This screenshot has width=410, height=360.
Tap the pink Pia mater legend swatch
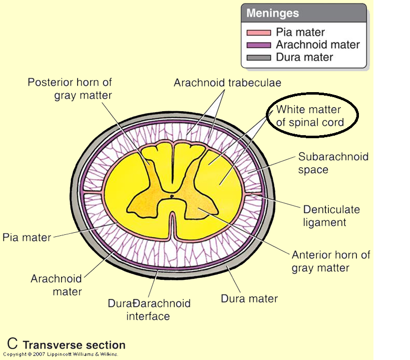pos(258,33)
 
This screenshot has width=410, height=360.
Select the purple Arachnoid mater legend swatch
pos(258,45)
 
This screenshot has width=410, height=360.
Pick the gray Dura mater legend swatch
pos(258,57)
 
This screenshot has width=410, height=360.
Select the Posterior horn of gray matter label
pos(70,89)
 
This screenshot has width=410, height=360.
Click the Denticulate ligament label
pos(331,216)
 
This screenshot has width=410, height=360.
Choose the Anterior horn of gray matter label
pos(330,261)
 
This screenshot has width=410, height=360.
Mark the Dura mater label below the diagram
pos(249,299)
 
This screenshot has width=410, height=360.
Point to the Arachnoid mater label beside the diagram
pos(56,285)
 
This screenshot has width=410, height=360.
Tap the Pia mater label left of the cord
pos(27,237)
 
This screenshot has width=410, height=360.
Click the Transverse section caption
pos(74,345)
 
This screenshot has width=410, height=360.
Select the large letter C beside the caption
pos(13,344)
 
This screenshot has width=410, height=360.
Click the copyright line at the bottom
pos(61,354)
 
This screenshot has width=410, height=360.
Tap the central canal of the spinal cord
pos(172,197)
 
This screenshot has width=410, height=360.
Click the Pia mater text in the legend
pos(300,33)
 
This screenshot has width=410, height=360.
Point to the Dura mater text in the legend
pos(304,57)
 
